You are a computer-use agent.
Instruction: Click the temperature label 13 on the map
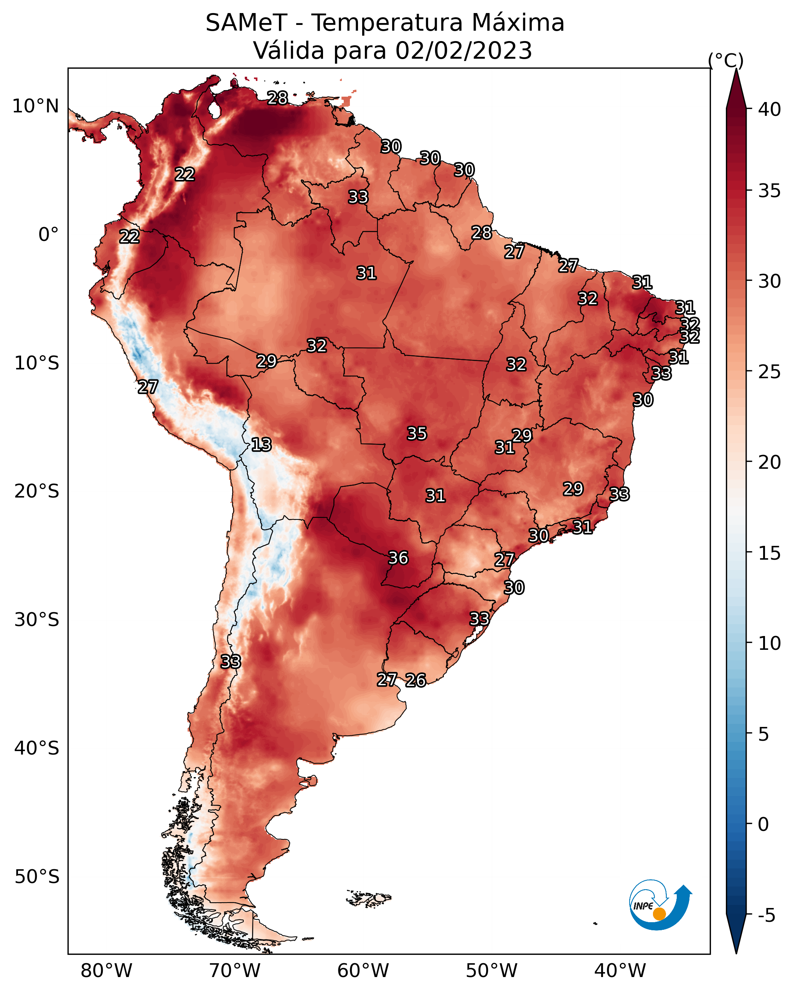[261, 445]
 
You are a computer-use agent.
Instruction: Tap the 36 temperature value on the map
[398, 558]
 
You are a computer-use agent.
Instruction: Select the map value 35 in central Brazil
[417, 433]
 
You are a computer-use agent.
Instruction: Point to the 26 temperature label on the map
[415, 680]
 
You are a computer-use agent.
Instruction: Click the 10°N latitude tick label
[35, 106]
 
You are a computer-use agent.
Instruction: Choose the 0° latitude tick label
[48, 235]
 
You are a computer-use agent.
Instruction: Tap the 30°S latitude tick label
[36, 620]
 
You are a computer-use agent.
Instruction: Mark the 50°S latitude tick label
[36, 877]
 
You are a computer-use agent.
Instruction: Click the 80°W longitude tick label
[106, 971]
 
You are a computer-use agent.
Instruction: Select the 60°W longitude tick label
[363, 971]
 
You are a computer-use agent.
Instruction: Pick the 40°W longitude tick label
[620, 971]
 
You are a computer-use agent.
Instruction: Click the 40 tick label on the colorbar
[770, 109]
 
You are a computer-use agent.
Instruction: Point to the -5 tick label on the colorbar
[766, 916]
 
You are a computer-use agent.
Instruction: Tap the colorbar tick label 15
[770, 553]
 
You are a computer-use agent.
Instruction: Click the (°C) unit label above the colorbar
[725, 60]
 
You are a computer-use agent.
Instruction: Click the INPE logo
[659, 905]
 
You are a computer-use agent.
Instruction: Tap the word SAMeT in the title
[246, 23]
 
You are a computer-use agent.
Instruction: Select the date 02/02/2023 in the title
[463, 51]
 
